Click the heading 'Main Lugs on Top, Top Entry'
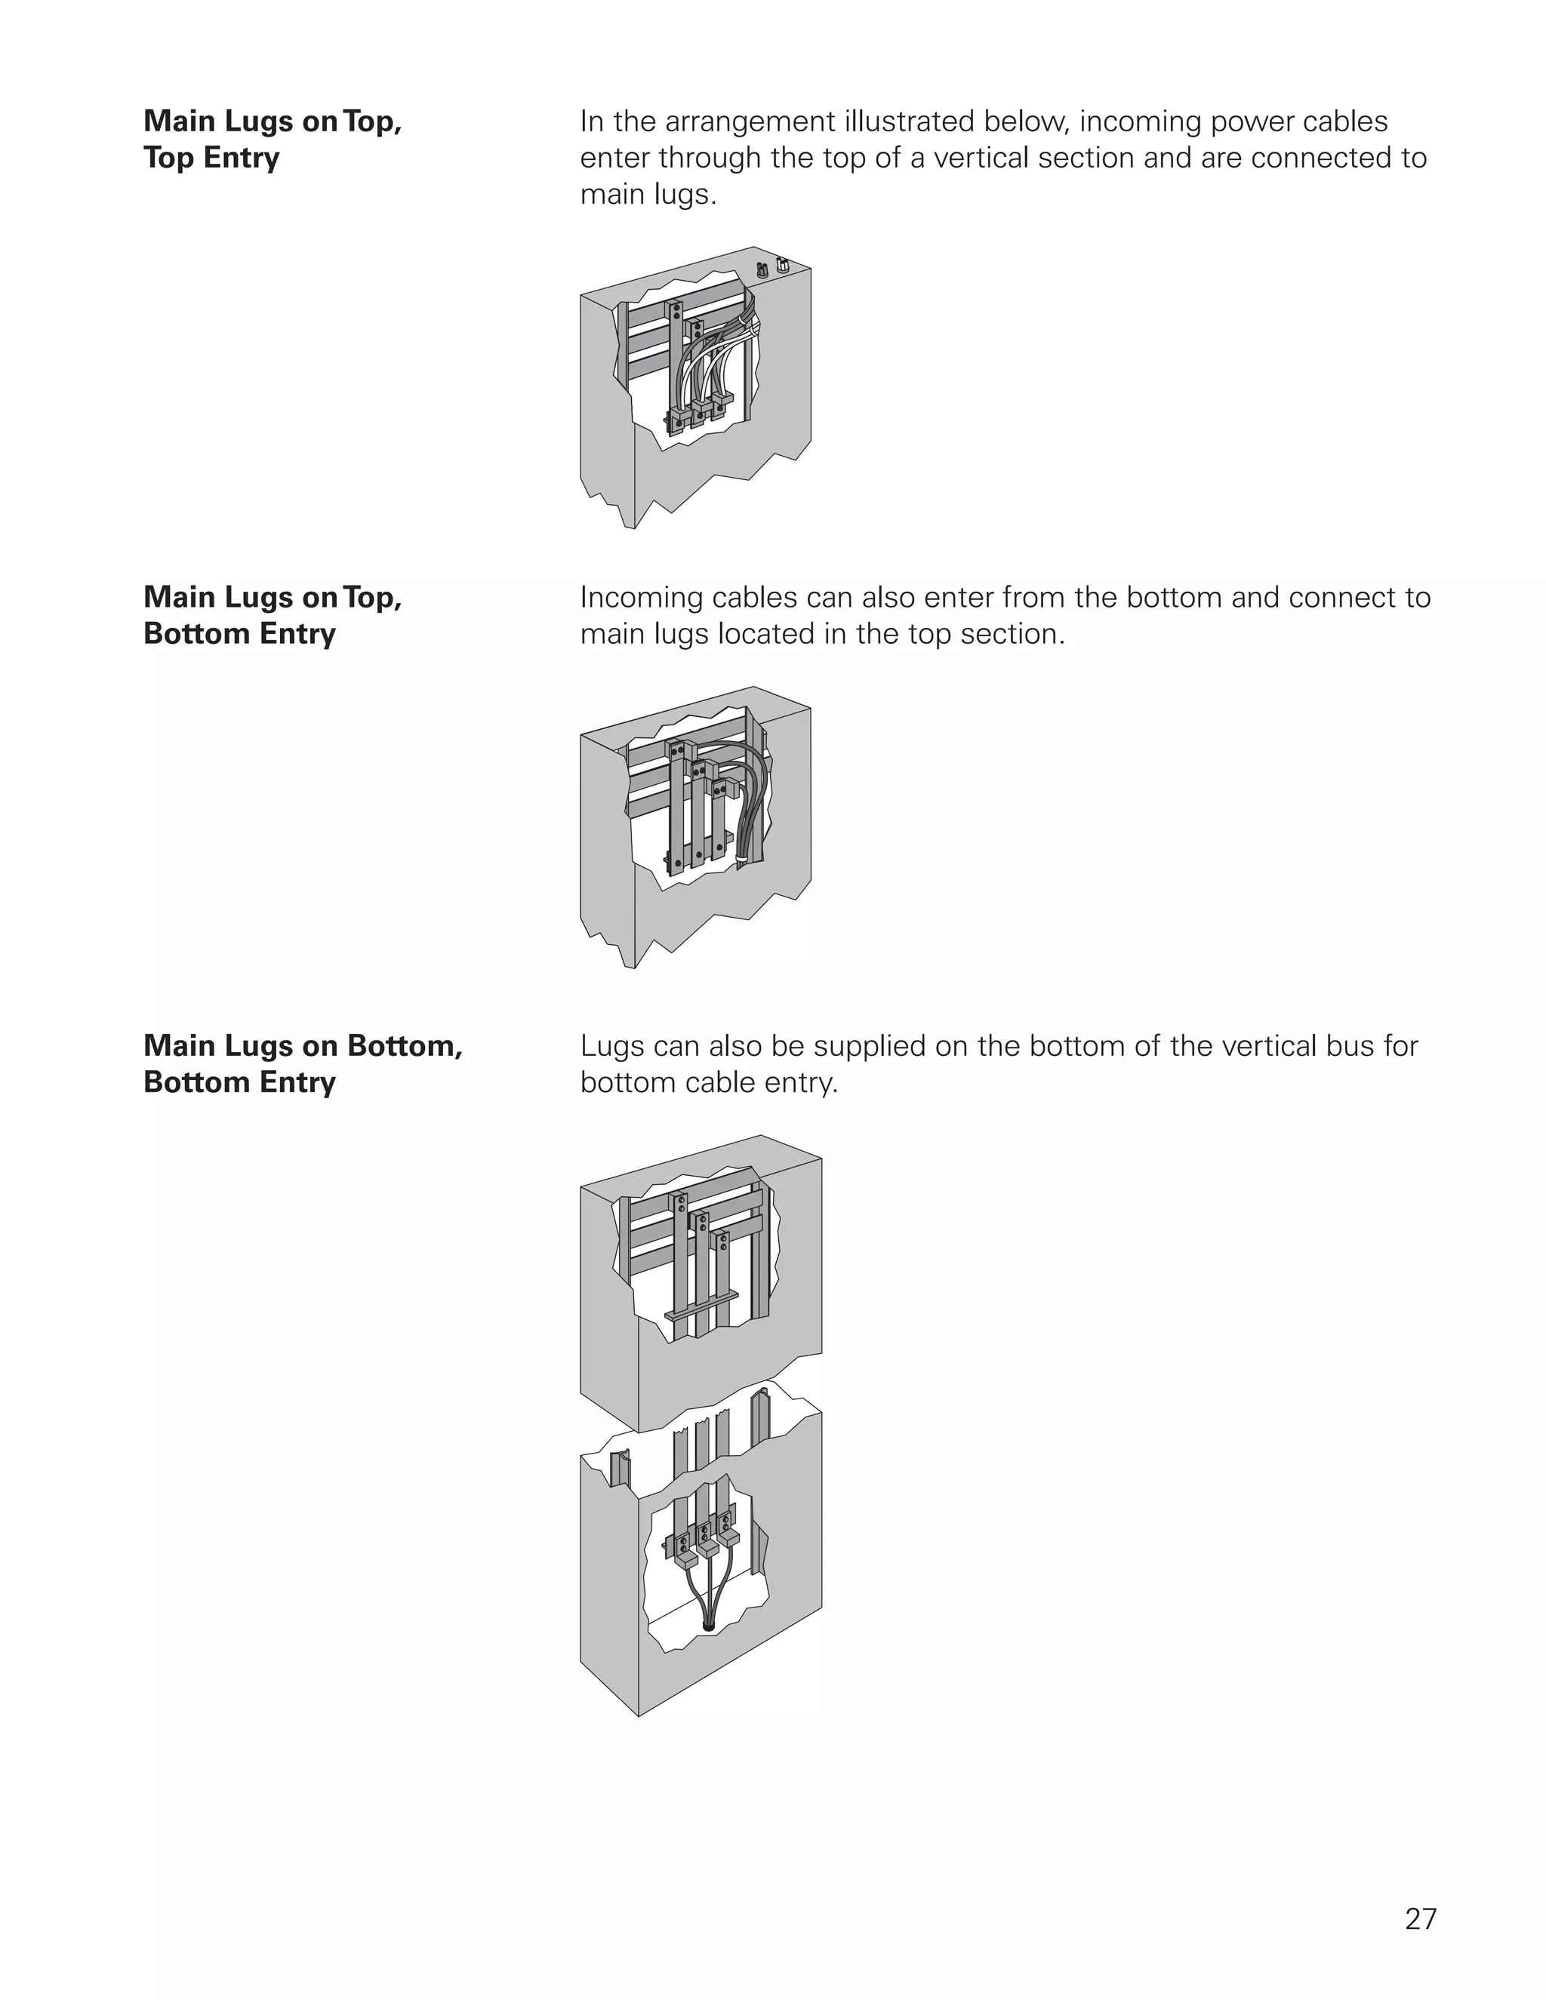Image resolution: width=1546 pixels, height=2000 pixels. (272, 139)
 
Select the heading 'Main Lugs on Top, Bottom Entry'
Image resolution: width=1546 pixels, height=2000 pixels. (272, 615)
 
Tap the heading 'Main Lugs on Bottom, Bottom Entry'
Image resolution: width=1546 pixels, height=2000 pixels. (302, 1063)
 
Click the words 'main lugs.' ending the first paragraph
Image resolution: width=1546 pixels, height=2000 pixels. (648, 195)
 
